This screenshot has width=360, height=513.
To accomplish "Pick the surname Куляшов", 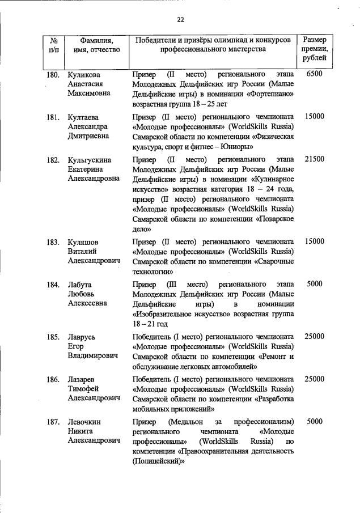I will click(84, 242).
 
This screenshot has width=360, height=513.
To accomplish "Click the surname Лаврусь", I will click(82, 337).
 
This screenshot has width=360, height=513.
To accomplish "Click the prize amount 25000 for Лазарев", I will click(314, 379).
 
